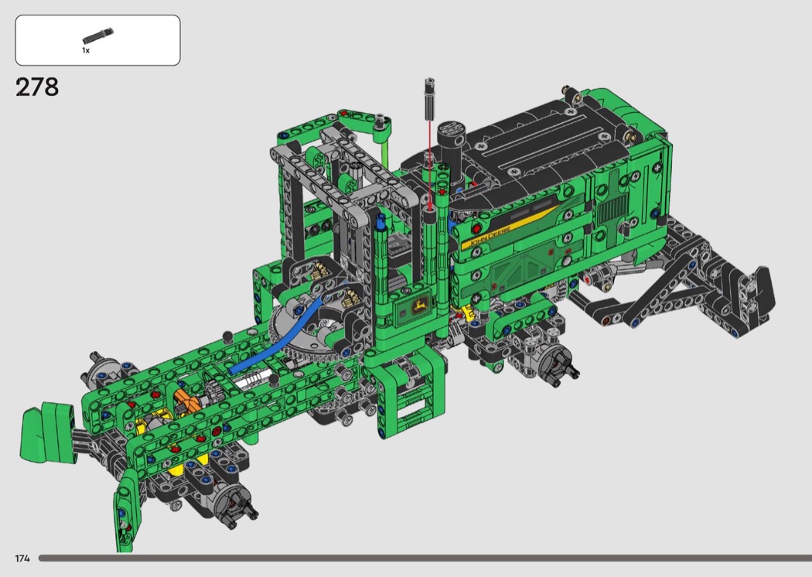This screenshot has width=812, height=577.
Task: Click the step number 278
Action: tap(37, 87)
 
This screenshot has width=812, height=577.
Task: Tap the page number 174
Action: tap(22, 558)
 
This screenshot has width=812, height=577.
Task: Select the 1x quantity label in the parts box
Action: tap(86, 50)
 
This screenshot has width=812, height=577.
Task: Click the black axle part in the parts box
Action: tap(97, 36)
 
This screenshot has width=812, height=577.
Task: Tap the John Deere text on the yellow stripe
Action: tap(490, 236)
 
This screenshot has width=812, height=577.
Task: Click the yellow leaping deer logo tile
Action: tap(420, 306)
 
